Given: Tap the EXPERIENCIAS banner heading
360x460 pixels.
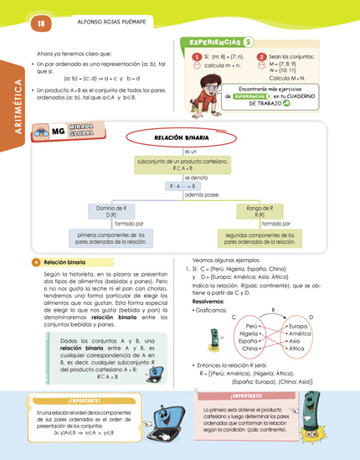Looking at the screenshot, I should tap(216, 42).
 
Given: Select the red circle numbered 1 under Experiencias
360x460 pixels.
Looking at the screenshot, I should tap(195, 57).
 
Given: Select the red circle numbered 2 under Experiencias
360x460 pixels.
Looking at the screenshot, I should tap(261, 57).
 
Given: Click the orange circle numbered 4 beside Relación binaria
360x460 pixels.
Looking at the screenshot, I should tap(35, 262).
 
